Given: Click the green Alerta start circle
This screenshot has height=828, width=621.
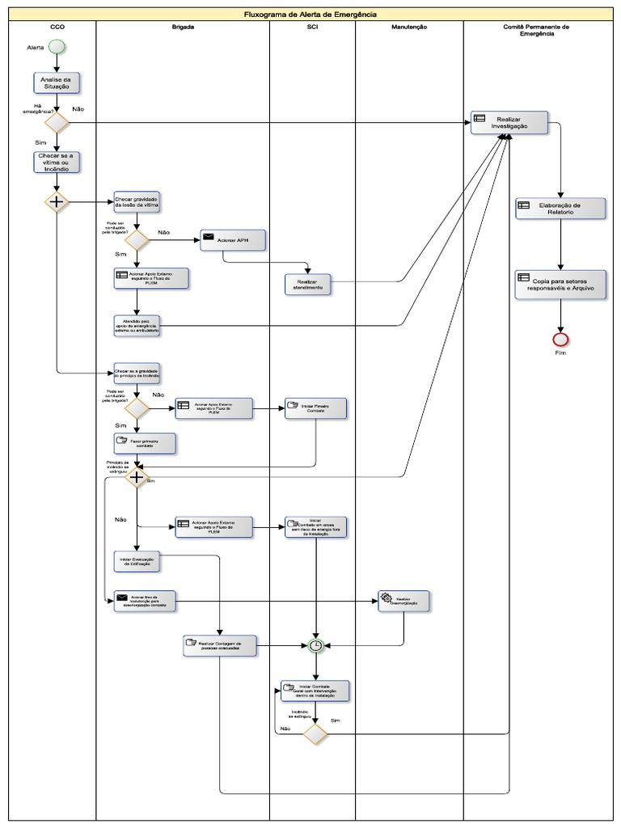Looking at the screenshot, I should [57, 47].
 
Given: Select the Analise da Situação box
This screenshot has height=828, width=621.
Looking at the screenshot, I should [57, 82].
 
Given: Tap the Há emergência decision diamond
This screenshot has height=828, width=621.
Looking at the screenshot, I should [57, 122].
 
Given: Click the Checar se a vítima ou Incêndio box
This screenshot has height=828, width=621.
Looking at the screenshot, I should [57, 162].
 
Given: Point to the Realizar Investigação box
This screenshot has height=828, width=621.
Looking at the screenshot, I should [510, 122].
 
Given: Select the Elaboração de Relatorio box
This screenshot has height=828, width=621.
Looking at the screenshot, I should [560, 208].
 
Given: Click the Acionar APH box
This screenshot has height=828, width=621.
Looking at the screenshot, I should [233, 240].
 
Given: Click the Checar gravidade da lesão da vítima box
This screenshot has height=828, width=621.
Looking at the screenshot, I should [137, 201].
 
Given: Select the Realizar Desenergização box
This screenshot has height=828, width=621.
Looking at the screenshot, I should [404, 601].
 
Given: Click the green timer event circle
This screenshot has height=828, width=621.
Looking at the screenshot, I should [316, 645].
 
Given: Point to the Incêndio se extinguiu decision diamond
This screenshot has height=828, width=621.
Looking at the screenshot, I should [315, 733].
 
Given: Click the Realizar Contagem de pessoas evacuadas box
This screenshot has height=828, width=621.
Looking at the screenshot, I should [218, 645].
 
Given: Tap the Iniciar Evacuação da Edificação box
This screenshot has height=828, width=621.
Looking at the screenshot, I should [137, 561].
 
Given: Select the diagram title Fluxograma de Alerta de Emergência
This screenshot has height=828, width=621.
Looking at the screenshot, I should [310, 15].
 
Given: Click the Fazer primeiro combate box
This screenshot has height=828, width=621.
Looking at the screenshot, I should [145, 442].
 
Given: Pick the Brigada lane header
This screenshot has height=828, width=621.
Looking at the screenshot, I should [183, 27].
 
